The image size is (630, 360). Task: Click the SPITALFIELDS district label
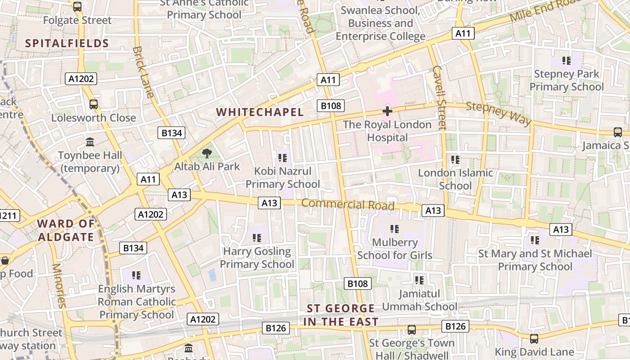[x=67, y=43]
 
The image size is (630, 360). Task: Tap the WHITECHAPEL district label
[x=260, y=112]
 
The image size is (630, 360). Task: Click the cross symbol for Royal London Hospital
[x=387, y=111]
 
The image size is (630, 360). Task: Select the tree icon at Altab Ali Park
[x=207, y=154]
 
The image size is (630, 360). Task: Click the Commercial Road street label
[x=347, y=204]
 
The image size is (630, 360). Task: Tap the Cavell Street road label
[x=439, y=98]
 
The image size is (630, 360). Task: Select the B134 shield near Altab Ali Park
[x=171, y=133]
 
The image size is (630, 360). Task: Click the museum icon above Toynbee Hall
[x=90, y=142]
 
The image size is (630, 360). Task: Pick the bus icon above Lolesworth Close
[x=94, y=104]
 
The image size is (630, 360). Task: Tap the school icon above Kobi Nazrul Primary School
[x=282, y=157]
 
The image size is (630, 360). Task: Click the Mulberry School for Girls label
[x=395, y=249]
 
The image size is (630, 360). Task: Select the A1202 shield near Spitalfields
[x=81, y=79]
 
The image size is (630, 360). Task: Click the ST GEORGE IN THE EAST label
[x=341, y=315]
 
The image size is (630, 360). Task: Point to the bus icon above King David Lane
[x=534, y=338]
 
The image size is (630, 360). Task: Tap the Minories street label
[x=59, y=284]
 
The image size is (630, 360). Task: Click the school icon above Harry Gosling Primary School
[x=256, y=238]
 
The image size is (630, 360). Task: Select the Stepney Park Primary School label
[x=566, y=80]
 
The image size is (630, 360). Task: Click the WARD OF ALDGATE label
[x=66, y=230]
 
